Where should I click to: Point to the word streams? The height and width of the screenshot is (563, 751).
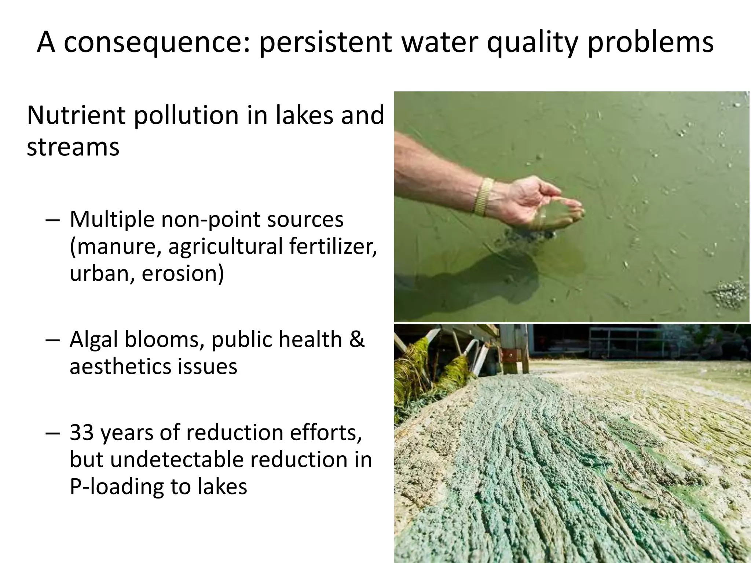[73, 147]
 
